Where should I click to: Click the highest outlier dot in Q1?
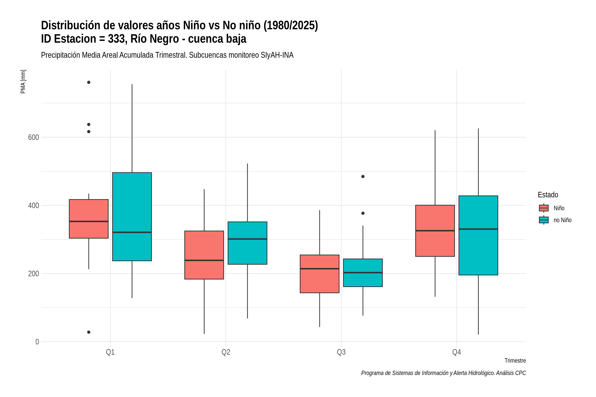(x=89, y=82)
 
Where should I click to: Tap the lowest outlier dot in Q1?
(x=89, y=332)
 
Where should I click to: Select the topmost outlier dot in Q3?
(x=363, y=176)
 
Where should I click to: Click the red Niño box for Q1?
(x=89, y=219)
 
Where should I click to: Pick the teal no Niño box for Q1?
(x=132, y=217)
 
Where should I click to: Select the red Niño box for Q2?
(x=204, y=255)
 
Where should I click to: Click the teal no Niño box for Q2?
(x=247, y=243)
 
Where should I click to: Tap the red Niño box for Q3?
(x=320, y=274)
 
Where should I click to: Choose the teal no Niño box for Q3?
(x=363, y=273)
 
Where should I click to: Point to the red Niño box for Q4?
(x=435, y=231)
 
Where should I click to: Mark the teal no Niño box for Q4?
(x=478, y=235)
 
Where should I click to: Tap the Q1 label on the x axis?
(x=110, y=352)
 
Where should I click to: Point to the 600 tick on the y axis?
(x=33, y=137)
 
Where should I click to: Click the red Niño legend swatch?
(x=544, y=208)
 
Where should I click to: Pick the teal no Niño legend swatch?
(x=544, y=220)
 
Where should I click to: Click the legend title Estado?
(x=548, y=195)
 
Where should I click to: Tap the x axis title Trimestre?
(x=515, y=361)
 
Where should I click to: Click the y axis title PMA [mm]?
(x=23, y=82)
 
